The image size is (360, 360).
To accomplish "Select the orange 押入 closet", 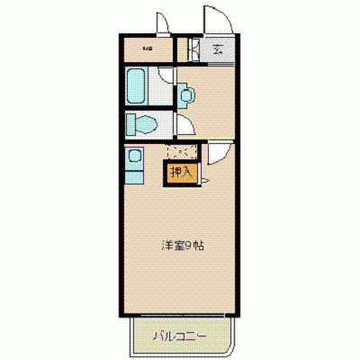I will click(180, 171).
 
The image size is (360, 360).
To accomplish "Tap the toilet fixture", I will click(143, 122).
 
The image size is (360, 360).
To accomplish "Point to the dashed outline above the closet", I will click(181, 152).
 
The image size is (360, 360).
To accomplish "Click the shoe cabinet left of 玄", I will click(193, 49).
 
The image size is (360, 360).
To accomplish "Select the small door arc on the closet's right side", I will click(205, 180).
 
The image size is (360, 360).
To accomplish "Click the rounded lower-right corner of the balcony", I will click(229, 351).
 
